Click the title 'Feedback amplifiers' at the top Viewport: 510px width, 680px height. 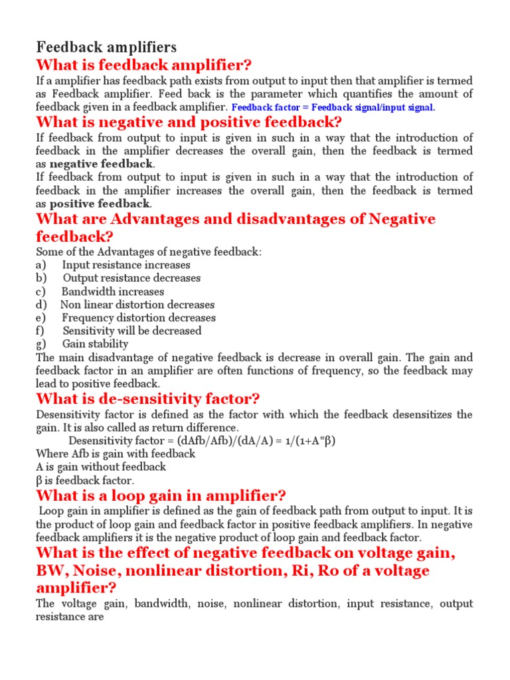(106, 47)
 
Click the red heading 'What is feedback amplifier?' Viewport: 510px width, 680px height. (144, 65)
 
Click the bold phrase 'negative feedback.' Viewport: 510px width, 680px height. (102, 164)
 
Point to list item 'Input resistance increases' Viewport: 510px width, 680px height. (126, 265)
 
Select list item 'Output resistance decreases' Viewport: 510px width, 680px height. (131, 278)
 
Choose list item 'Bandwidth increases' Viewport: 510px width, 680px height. (113, 292)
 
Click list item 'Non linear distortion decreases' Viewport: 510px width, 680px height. (137, 305)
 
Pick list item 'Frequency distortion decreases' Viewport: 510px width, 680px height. (139, 317)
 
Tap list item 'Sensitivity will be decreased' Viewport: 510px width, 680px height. (132, 331)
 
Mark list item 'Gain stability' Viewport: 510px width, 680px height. (96, 344)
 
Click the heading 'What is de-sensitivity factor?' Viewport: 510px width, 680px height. (148, 399)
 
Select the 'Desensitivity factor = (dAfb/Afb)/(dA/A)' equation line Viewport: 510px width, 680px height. (197, 441)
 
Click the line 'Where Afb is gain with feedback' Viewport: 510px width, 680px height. (116, 454)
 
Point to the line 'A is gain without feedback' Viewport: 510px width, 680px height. (101, 467)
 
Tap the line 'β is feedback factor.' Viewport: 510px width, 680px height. (85, 480)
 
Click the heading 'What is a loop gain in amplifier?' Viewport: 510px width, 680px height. (161, 495)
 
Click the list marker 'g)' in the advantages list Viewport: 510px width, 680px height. (41, 344)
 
